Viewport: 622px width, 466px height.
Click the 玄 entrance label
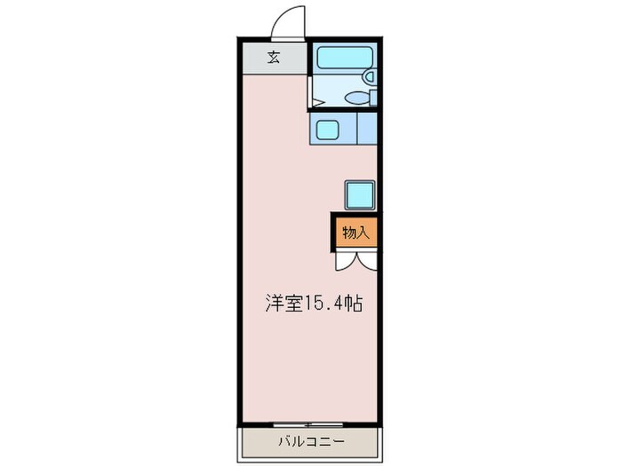coord(274,59)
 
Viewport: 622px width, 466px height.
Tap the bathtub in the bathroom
coord(347,59)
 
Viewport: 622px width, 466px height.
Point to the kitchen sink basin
coord(326,130)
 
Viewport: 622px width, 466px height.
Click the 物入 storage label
coord(355,233)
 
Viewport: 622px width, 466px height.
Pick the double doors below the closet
coord(355,260)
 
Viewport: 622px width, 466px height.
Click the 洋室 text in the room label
coord(282,302)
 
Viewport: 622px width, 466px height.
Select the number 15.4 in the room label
coord(323,303)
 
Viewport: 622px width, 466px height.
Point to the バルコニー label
coord(310,440)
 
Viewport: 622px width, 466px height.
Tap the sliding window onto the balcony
coord(308,423)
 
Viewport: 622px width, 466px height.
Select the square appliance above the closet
coord(359,194)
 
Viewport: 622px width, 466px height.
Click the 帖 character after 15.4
coord(353,302)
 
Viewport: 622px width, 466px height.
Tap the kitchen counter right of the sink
coord(367,130)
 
